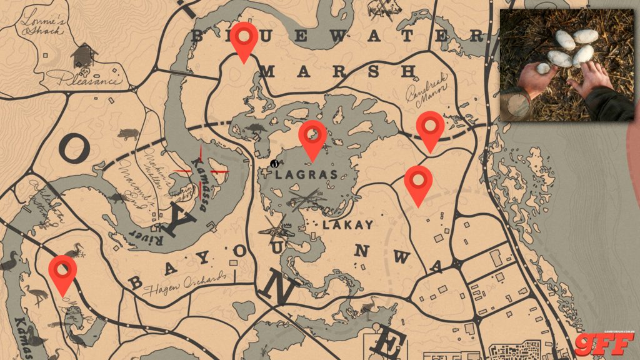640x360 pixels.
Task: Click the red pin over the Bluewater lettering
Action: click(244, 40)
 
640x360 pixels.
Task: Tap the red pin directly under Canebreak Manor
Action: click(430, 129)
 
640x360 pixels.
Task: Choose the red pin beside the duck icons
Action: click(63, 273)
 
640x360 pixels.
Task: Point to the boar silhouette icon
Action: click(127, 134)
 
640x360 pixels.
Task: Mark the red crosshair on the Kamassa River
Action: click(201, 170)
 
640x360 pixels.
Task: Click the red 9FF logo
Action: click(604, 343)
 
